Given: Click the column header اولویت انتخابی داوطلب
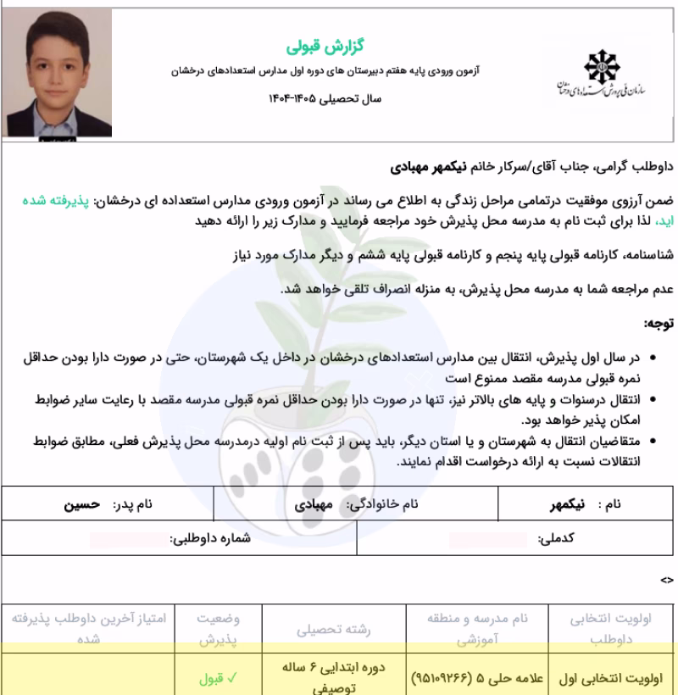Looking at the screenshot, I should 611,631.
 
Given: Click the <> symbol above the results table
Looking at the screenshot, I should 667,581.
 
